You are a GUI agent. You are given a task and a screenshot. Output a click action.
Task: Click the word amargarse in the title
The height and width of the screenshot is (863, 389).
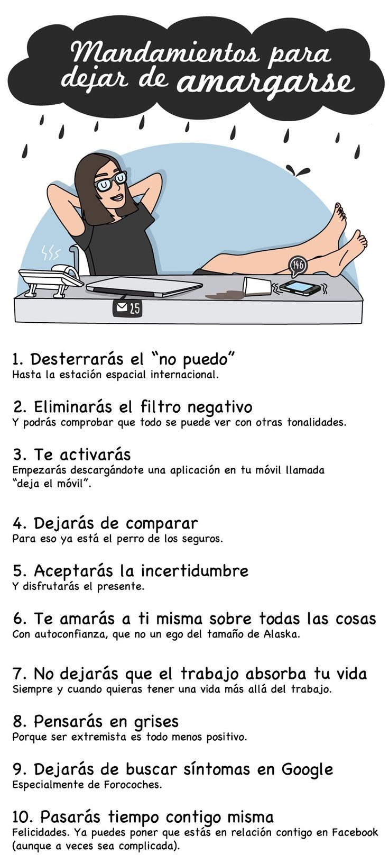tap(265, 83)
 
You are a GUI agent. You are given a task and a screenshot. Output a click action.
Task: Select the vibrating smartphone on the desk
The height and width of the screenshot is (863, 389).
tap(300, 287)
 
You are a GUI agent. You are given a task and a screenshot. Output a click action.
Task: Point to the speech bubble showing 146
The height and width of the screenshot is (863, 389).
tap(298, 266)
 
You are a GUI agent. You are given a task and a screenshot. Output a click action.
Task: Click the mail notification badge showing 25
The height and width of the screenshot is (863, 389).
tap(127, 307)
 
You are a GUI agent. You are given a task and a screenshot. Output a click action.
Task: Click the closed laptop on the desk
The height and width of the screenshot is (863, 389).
tap(144, 287)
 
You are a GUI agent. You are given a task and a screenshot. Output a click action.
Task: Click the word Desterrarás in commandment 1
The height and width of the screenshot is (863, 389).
tap(79, 359)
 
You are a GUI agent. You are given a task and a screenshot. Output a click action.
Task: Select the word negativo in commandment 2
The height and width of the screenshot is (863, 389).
tap(220, 407)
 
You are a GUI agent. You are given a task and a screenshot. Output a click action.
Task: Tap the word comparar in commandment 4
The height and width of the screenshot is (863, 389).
tap(162, 524)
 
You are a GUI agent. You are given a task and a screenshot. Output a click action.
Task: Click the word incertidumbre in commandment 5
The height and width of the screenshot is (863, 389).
tap(195, 570)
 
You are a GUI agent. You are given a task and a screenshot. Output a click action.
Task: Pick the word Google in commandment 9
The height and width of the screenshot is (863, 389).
tap(307, 769)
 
